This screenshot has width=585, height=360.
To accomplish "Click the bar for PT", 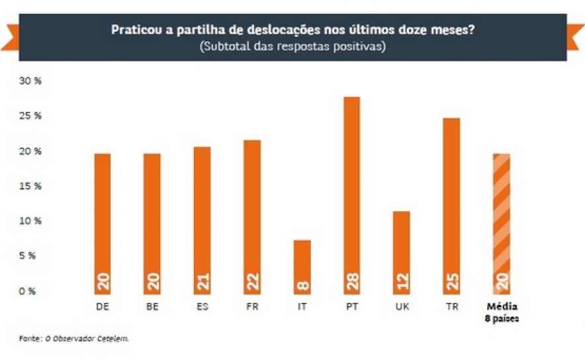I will tap(351, 195).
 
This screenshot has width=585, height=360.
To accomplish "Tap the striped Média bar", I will tap(501, 223).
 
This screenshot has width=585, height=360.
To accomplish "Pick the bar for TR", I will tap(451, 205).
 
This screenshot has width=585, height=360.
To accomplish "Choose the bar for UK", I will tap(401, 252).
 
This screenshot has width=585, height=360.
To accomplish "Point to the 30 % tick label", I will tap(30, 81).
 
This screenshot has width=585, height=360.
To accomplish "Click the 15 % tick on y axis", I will tap(30, 186).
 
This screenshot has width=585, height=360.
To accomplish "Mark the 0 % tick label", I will tap(28, 291).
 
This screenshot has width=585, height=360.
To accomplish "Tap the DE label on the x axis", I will tap(103, 306).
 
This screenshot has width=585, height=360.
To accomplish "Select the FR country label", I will tap(252, 306).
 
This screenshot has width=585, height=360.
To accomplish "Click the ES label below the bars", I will tap(202, 306).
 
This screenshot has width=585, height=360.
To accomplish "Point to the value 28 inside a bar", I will tap(352, 283).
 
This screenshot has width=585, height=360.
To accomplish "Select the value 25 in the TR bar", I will tap(451, 283).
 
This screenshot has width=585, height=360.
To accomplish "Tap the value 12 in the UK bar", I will tap(402, 283).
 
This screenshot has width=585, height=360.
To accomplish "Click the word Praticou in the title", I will tap(134, 30).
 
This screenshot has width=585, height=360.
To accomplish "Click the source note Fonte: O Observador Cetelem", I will tap(74, 339).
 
